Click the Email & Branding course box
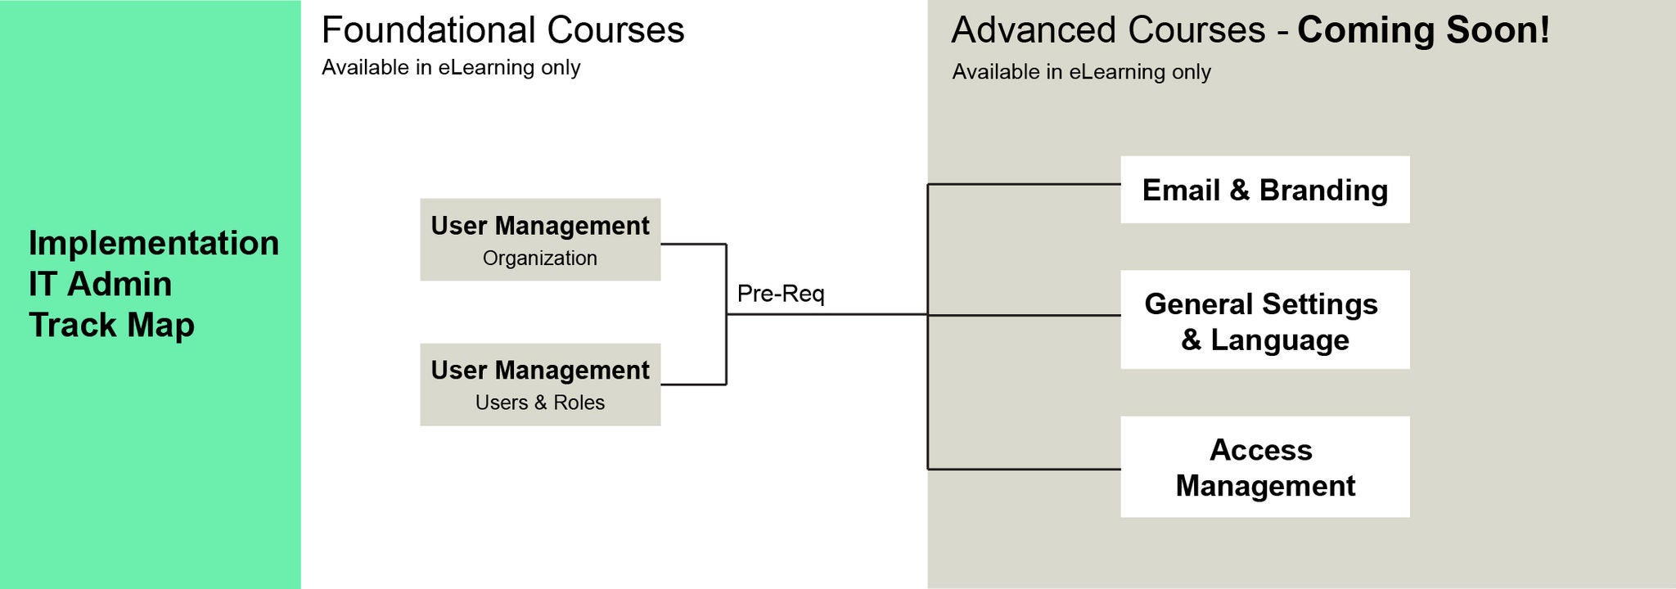coord(1264,190)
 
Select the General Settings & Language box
coord(1264,320)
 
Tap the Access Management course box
coord(1264,467)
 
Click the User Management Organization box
coord(540,240)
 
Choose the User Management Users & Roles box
coord(540,384)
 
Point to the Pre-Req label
coord(781,294)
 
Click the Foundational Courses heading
coord(502,30)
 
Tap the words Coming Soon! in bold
coord(1423,30)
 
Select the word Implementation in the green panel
coord(154,244)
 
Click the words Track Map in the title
coord(112,325)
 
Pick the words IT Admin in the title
coord(100,285)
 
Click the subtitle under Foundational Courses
coord(451,68)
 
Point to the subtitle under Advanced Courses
coord(1081,72)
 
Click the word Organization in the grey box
coord(540,259)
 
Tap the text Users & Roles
coord(540,402)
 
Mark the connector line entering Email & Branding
coord(1023,185)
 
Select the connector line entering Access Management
coord(1023,470)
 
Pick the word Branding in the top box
coord(1323,190)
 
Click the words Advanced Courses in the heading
coord(1108,30)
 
